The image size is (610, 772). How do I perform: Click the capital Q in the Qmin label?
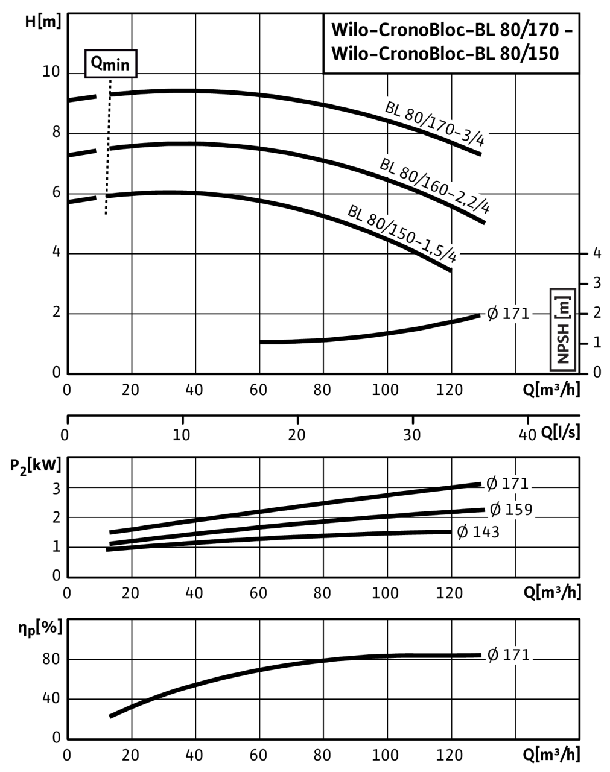coord(95,63)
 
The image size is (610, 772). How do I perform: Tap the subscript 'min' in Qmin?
coord(115,65)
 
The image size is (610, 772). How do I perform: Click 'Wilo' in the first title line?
coord(348,31)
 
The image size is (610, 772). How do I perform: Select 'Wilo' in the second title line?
coord(348,54)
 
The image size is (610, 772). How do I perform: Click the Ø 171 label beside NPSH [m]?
coord(508,314)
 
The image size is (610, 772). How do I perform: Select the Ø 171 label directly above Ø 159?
coord(508,484)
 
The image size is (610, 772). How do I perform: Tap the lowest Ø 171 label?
coord(508,655)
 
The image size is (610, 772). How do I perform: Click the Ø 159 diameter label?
coord(511,510)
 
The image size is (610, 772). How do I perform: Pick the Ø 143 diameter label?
coord(478,532)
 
